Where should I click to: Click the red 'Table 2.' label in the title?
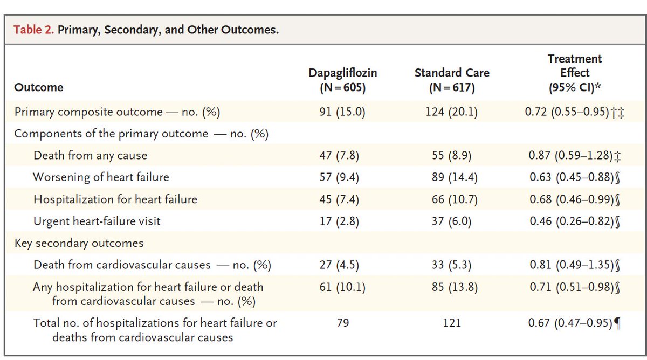(x=34, y=30)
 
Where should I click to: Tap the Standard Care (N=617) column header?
(x=452, y=80)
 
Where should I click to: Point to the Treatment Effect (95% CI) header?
(x=575, y=73)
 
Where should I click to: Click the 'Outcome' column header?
(x=39, y=87)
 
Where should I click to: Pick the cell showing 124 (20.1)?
(x=452, y=112)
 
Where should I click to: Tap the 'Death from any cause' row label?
(x=90, y=156)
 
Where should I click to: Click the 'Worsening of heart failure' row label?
(x=101, y=177)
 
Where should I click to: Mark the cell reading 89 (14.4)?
(x=452, y=177)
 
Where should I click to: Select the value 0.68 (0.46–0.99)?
(x=570, y=199)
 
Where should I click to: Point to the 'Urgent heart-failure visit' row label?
(x=97, y=221)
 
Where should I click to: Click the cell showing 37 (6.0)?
(x=452, y=221)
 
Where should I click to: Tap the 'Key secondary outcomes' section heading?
(x=79, y=243)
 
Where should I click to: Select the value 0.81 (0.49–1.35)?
(x=570, y=265)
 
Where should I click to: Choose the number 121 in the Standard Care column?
(x=452, y=323)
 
